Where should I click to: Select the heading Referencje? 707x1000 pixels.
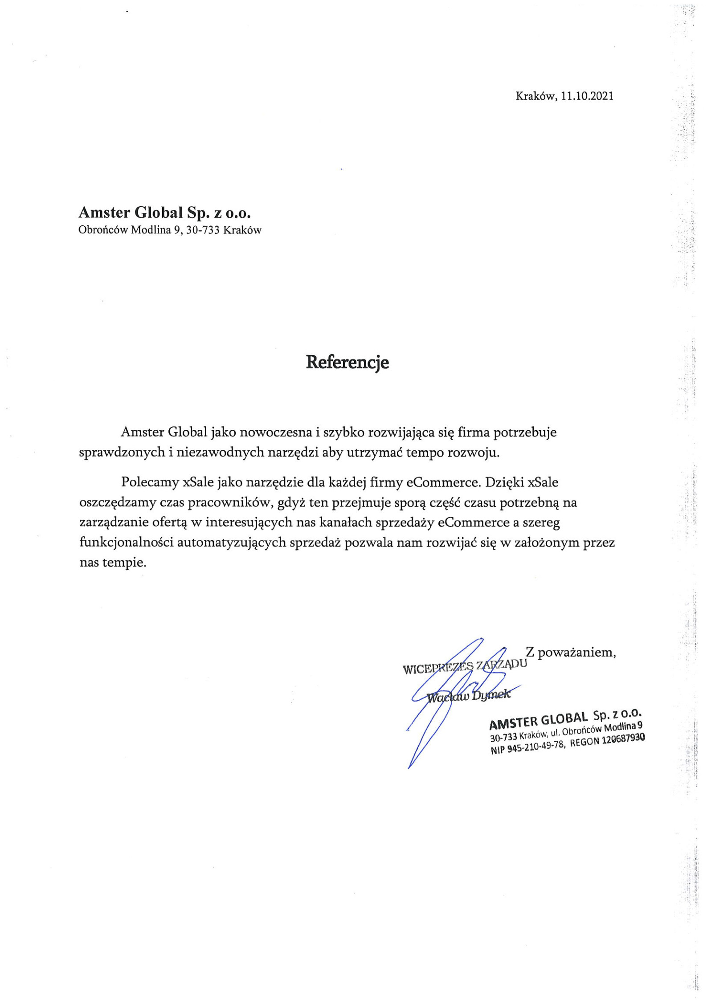(x=347, y=362)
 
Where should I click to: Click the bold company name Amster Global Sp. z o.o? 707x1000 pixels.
(x=164, y=212)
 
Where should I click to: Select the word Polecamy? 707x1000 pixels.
(x=150, y=482)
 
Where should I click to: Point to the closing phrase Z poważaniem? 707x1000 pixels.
(x=571, y=653)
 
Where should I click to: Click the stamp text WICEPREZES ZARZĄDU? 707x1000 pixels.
(x=465, y=666)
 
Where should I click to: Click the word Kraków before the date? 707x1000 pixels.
(x=536, y=96)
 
